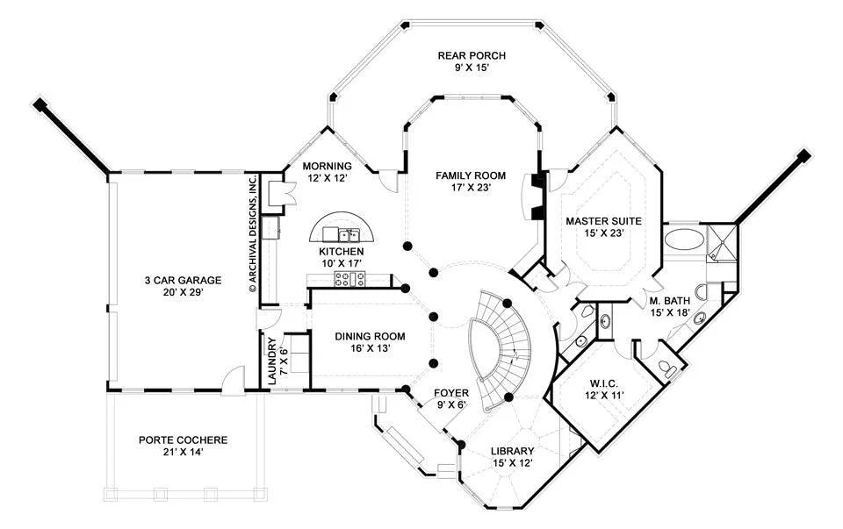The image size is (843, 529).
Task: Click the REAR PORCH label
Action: pos(472,55)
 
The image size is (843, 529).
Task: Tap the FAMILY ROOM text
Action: pos(471,175)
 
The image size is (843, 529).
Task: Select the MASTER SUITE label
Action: pos(603,221)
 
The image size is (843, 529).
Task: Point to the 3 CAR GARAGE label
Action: pos(183,281)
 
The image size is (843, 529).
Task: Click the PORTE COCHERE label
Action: pos(183,440)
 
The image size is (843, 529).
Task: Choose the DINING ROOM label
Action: pos(370,337)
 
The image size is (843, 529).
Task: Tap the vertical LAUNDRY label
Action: pos(272,361)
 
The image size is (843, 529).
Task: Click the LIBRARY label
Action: pos(512,451)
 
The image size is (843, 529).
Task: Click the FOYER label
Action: pos(451,394)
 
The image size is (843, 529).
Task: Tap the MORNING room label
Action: pos(327,167)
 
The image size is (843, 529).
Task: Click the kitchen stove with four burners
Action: pos(349,278)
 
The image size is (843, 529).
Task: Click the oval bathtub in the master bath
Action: pos(684,239)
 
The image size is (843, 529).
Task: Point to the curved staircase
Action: pos(501,350)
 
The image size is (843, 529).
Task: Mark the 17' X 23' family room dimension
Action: pos(471,188)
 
